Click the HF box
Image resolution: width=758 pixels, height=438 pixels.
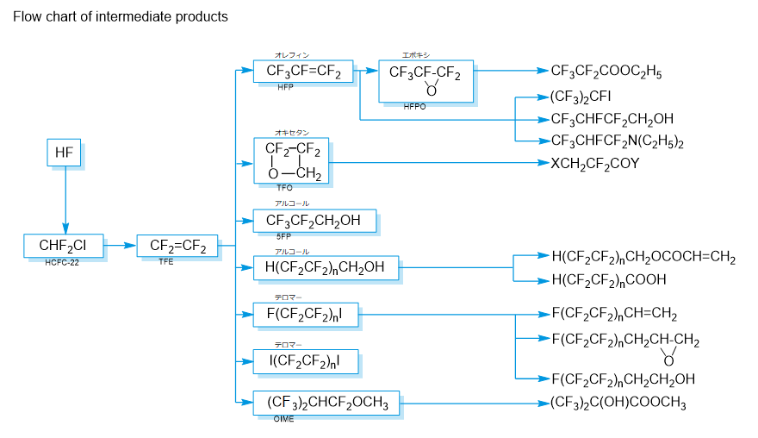coord(64,153)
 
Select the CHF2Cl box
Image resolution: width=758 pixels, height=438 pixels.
coord(64,246)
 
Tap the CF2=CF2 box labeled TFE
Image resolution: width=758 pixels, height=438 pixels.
coord(177,246)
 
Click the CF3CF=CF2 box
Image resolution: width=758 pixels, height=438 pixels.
coord(304,72)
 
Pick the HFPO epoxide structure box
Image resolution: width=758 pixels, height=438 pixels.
coord(425,80)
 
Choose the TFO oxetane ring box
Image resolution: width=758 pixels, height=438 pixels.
coord(290,160)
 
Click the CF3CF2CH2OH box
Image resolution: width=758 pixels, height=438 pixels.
coord(314,222)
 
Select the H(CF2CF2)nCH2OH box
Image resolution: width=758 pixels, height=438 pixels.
coord(326,268)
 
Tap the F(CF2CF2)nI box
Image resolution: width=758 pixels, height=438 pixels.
coord(306,316)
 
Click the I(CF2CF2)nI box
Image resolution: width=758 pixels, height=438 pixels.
coord(306,362)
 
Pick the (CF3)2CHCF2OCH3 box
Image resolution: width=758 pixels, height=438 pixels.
coord(326,403)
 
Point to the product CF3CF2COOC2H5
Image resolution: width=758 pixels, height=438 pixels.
coord(606,72)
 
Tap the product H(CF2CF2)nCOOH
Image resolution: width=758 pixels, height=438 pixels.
coord(608,279)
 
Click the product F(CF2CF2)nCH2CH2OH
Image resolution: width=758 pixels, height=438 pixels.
coord(623,379)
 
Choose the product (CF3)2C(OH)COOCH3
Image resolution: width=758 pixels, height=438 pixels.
coord(618,403)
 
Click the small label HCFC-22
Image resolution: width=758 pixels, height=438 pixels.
coord(62,262)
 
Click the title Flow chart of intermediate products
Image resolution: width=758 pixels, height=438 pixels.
coord(121,17)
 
